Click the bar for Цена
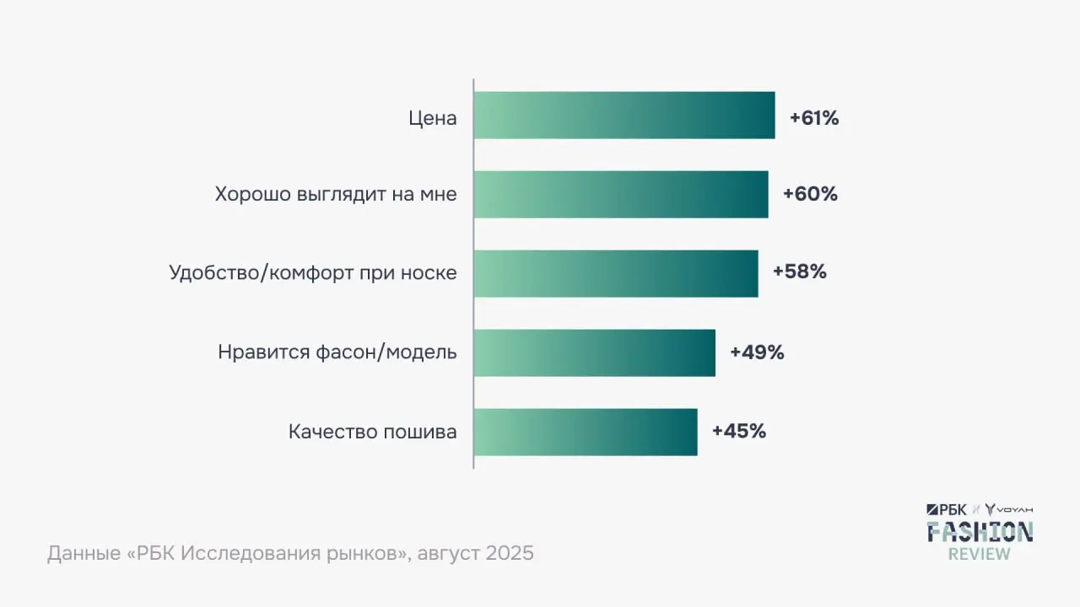point(624,115)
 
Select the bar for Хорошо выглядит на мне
point(621,195)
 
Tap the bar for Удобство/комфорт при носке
point(616,273)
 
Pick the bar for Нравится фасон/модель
point(594,352)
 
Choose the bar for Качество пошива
point(586,432)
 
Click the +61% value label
point(814,118)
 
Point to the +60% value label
point(810,194)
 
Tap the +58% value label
point(799,272)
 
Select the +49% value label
point(757,352)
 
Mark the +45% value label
point(739,431)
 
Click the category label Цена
point(433,118)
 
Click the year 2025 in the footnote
point(509,554)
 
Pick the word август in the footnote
point(447,555)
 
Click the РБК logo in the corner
point(946,509)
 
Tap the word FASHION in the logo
point(980,531)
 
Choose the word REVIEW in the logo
point(979,554)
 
